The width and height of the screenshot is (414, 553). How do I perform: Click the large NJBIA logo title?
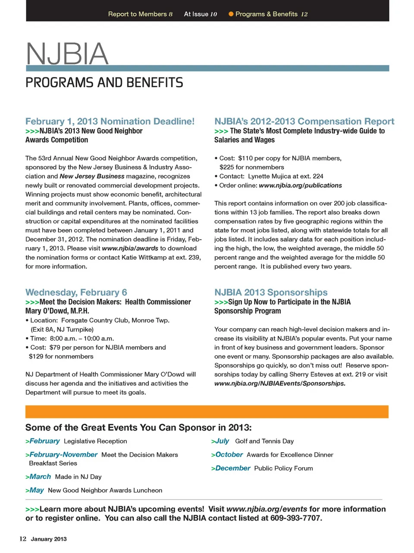(x=67, y=54)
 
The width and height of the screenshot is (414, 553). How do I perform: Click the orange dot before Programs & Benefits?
(x=231, y=14)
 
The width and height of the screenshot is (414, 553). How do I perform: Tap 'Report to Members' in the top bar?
(x=137, y=14)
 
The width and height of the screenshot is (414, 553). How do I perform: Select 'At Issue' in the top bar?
(x=196, y=14)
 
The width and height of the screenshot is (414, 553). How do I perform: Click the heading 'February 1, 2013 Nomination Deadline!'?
(x=110, y=121)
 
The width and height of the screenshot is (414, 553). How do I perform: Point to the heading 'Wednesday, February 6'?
(x=76, y=292)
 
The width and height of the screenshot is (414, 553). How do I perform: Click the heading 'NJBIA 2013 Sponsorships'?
(x=271, y=292)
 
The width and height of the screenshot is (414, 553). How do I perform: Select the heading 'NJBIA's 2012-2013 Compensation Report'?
(x=304, y=121)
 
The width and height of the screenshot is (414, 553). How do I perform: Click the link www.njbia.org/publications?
(x=300, y=186)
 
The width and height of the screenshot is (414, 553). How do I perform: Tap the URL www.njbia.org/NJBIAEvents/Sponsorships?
(x=280, y=384)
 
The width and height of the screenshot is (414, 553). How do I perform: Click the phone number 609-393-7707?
(x=296, y=518)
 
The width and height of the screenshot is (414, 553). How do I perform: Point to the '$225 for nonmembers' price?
(x=252, y=167)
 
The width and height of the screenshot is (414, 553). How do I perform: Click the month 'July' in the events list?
(x=222, y=441)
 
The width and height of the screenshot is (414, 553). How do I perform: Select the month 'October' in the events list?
(x=229, y=455)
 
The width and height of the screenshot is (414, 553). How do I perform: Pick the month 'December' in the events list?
(x=232, y=468)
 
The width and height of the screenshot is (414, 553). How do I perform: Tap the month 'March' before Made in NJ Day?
(x=40, y=477)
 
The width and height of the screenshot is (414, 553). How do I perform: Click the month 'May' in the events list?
(x=37, y=490)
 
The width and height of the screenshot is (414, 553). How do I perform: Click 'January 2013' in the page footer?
(x=49, y=539)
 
